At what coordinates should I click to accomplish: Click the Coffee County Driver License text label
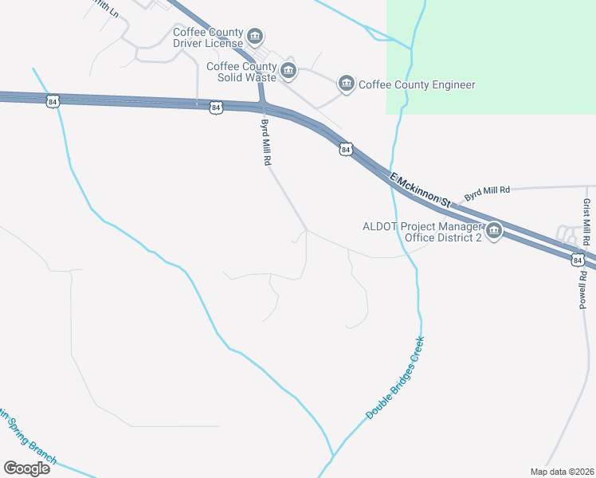pyautogui.click(x=208, y=37)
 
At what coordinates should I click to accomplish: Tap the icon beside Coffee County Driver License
pyautogui.click(x=255, y=37)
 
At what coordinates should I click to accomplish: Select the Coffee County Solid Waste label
pyautogui.click(x=241, y=72)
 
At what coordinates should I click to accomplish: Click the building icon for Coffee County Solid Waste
pyautogui.click(x=288, y=72)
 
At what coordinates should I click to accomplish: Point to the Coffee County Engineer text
pyautogui.click(x=417, y=84)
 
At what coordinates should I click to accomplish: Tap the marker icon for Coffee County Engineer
pyautogui.click(x=346, y=84)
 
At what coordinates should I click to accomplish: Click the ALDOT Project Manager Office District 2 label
pyautogui.click(x=422, y=232)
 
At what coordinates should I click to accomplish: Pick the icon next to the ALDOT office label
pyautogui.click(x=493, y=232)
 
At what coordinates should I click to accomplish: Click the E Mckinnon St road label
pyautogui.click(x=419, y=190)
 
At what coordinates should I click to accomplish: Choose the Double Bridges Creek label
pyautogui.click(x=396, y=378)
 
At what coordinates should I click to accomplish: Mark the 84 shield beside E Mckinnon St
pyautogui.click(x=345, y=149)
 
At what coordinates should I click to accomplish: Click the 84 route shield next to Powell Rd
pyautogui.click(x=576, y=260)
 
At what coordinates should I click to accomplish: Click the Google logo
pyautogui.click(x=27, y=468)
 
